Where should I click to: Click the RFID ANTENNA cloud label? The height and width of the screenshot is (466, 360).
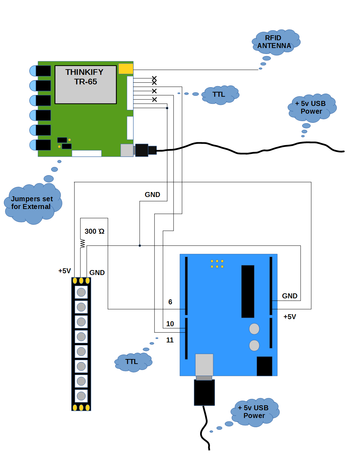(275, 42)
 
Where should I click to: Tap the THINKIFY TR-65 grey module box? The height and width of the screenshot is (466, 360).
(85, 85)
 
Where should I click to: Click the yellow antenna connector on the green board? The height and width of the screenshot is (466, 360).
(126, 68)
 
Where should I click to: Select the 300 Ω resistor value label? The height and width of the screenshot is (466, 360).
(94, 231)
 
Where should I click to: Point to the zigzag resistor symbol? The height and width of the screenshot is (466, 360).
(83, 244)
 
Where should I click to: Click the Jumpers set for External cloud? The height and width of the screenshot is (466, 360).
(32, 203)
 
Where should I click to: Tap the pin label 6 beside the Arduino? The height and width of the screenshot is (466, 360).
(170, 302)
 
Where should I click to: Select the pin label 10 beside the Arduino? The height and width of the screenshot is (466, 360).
(170, 324)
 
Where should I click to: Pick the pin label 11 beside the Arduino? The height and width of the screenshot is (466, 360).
(170, 340)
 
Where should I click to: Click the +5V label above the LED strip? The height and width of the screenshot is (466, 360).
(65, 271)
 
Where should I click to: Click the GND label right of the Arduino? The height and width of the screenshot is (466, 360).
(289, 296)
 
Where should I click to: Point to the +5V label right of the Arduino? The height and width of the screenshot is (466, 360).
(289, 317)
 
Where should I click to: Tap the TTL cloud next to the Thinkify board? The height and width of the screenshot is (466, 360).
(219, 95)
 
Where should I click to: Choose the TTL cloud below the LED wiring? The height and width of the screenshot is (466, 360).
(132, 362)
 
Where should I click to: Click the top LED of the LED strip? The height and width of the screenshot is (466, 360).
(81, 292)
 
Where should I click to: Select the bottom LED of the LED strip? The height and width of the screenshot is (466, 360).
(81, 396)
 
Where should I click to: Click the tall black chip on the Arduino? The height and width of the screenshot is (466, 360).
(248, 291)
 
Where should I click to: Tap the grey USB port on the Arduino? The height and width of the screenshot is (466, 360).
(204, 365)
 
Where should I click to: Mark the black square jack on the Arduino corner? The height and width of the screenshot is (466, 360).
(264, 366)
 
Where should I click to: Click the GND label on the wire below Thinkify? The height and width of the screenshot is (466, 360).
(152, 195)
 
